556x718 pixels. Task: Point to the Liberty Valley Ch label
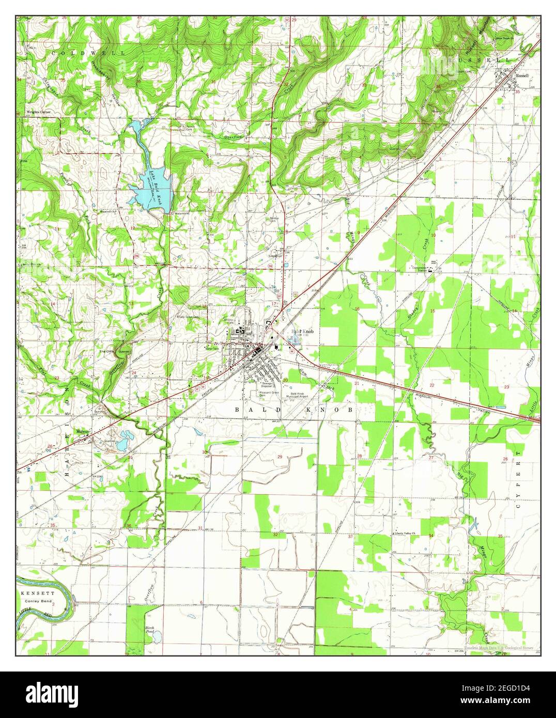[405, 533]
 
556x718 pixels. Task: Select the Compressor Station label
[422, 268]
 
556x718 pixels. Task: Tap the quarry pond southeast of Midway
[122, 443]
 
